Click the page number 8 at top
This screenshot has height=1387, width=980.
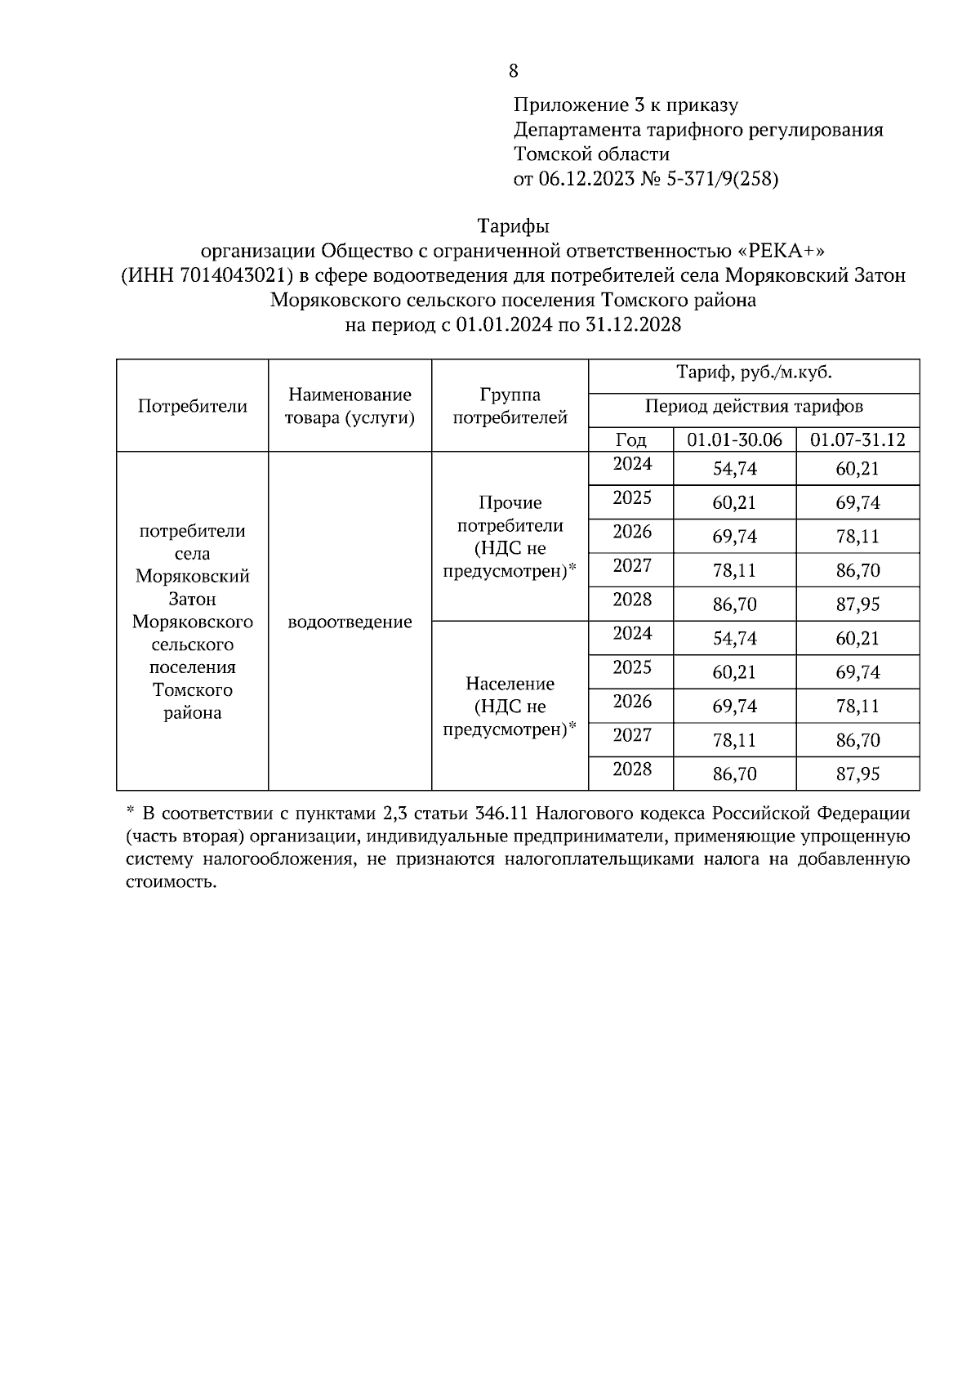click(513, 71)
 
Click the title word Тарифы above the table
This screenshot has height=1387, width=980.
click(513, 225)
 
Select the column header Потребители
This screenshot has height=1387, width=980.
click(192, 406)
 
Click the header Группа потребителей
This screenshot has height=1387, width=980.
click(510, 406)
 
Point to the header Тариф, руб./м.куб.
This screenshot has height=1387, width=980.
click(754, 373)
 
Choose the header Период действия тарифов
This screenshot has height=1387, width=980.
click(754, 406)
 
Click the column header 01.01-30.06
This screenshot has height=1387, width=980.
click(734, 439)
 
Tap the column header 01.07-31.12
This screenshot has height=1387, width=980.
click(857, 439)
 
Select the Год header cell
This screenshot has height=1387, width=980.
click(630, 439)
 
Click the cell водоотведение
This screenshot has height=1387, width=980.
click(350, 622)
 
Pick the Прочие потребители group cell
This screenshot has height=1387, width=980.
click(510, 537)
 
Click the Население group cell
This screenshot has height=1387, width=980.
click(510, 706)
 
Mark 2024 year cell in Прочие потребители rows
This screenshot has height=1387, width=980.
click(632, 465)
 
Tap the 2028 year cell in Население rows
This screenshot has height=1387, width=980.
click(632, 769)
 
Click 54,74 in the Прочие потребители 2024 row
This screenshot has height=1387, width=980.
click(734, 469)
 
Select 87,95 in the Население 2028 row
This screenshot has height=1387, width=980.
click(857, 774)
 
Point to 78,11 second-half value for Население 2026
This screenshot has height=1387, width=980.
click(857, 706)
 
